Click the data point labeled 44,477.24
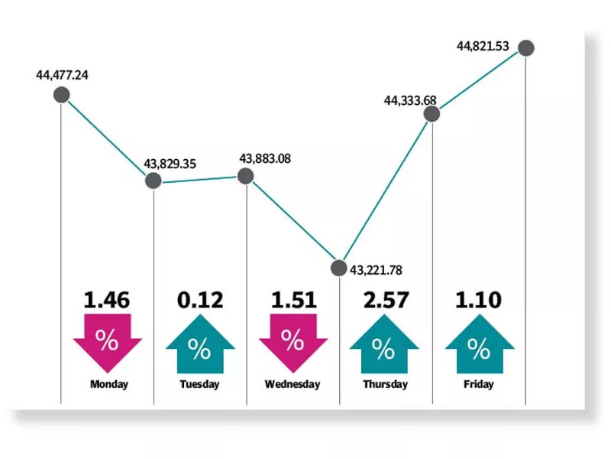[61, 95]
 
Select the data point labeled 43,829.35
[154, 181]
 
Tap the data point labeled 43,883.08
[246, 176]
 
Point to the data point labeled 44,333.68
[432, 113]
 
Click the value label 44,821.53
[483, 46]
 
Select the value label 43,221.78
[376, 269]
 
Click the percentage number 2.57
[384, 300]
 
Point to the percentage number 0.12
[199, 300]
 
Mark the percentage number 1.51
[293, 300]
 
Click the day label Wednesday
[293, 384]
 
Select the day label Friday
[479, 384]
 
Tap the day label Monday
[108, 384]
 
